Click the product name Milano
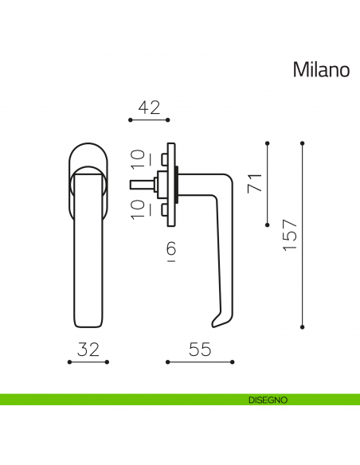click(x=321, y=70)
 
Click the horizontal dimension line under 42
click(x=149, y=121)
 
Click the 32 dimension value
click(x=88, y=350)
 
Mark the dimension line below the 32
click(x=88, y=362)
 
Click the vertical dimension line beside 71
click(x=267, y=184)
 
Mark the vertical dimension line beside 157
click(x=303, y=236)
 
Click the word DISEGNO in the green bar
click(x=267, y=400)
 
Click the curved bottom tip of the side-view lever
click(x=216, y=322)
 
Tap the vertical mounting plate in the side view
click(x=170, y=184)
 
